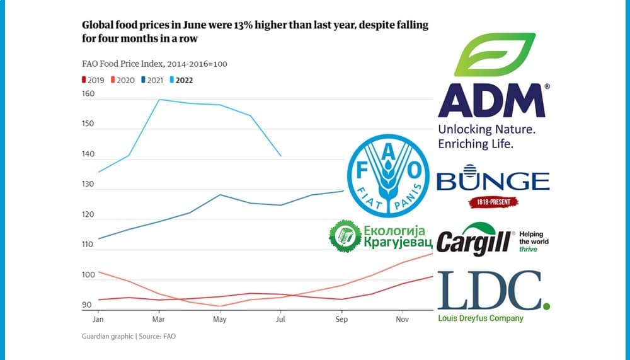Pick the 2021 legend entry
pos(154,80)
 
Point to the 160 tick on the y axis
pos(88,94)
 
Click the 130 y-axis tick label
pos(88,185)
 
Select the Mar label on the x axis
pos(158,320)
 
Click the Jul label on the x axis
pos(281,320)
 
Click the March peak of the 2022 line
pos(158,100)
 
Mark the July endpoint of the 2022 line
pos(280,156)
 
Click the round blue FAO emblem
pos(388,171)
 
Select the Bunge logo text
pos(493,181)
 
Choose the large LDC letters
pos(490,291)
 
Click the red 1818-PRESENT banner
pos(493,202)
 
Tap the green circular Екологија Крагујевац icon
pos(345,236)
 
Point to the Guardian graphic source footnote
pos(129,336)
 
